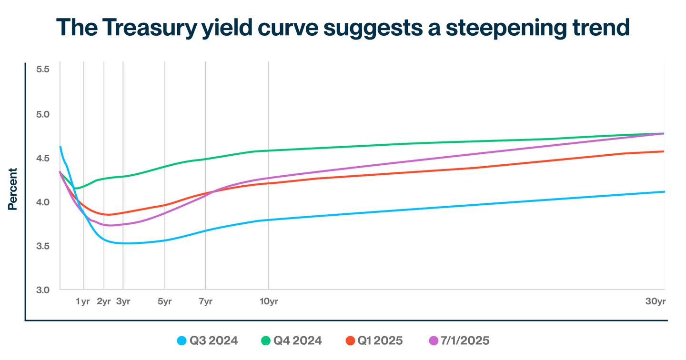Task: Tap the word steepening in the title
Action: click(x=492, y=28)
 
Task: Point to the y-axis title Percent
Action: click(x=12, y=189)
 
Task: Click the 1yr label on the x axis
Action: click(x=83, y=301)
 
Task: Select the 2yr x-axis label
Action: click(x=103, y=301)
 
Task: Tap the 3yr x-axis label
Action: click(x=123, y=301)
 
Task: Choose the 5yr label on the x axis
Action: click(x=164, y=301)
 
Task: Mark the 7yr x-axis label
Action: click(x=205, y=301)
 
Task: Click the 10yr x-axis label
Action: click(x=268, y=301)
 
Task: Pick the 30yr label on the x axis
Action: click(x=655, y=301)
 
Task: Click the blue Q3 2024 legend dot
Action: click(x=181, y=340)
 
